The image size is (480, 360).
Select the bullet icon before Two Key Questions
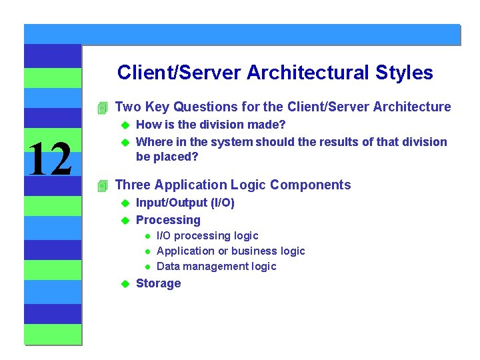pyautogui.click(x=101, y=107)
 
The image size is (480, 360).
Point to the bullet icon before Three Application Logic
pyautogui.click(x=101, y=185)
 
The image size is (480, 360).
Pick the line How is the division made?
pyautogui.click(x=211, y=124)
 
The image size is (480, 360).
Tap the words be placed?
pyautogui.click(x=167, y=157)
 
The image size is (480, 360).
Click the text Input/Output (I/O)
pyautogui.click(x=185, y=203)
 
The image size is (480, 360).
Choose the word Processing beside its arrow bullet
pyautogui.click(x=168, y=220)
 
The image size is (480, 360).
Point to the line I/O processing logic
pyautogui.click(x=207, y=235)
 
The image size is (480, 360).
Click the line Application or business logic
pyautogui.click(x=230, y=251)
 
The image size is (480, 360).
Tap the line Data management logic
pyautogui.click(x=216, y=266)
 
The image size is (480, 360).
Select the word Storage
pyautogui.click(x=158, y=283)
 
